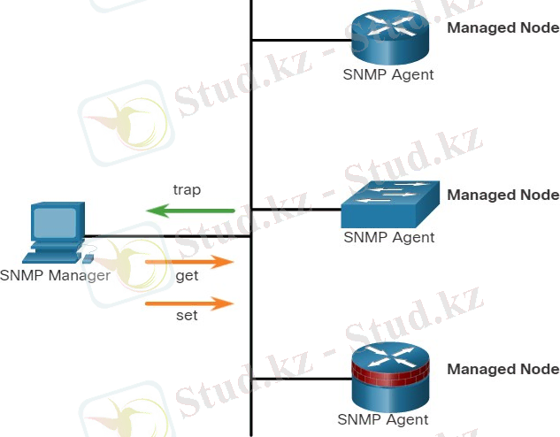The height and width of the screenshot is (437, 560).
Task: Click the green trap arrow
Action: click(190, 211)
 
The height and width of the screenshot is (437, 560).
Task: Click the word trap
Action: click(186, 189)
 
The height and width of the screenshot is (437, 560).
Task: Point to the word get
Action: click(187, 276)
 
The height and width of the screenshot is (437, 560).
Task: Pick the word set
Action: click(187, 316)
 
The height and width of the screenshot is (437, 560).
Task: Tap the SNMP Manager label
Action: click(55, 275)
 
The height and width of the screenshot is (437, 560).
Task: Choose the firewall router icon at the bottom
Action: click(388, 375)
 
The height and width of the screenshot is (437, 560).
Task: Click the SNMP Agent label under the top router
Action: click(388, 74)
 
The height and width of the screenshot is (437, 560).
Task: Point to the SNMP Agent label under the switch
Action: click(388, 237)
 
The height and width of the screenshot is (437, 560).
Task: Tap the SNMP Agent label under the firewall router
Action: click(383, 419)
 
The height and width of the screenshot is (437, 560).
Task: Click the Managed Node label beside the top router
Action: click(503, 27)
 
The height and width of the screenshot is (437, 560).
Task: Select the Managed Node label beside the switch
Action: click(503, 195)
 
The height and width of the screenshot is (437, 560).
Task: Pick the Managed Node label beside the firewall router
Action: click(503, 369)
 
